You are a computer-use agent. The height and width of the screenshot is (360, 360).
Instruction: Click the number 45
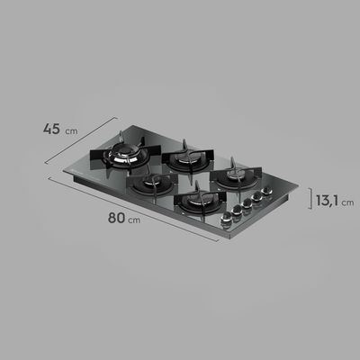pos(50,129)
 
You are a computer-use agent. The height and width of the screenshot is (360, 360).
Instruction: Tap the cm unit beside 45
pos(72,130)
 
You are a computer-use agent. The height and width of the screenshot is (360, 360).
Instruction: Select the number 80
pos(115,217)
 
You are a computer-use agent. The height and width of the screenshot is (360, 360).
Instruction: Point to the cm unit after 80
pos(135,220)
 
